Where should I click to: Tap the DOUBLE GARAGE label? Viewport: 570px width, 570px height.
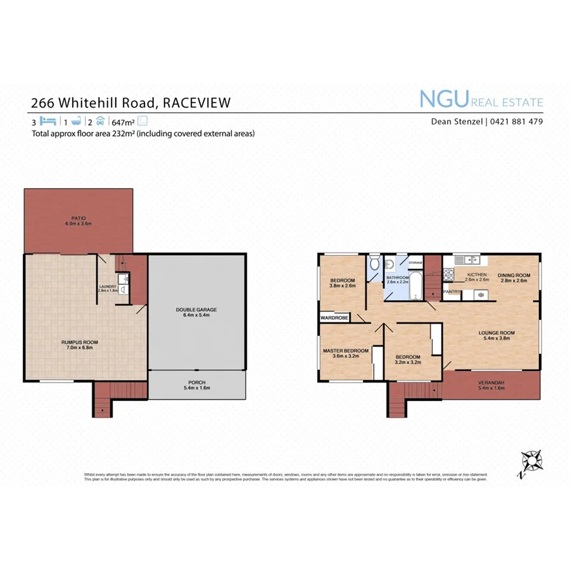tap(196, 310)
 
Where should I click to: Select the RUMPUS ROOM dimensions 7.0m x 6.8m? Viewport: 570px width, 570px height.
tap(80, 347)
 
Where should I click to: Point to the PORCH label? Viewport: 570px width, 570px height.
tap(196, 383)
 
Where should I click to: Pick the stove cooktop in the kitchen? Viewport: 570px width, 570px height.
tap(448, 275)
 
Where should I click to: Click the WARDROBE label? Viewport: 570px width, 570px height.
tap(334, 318)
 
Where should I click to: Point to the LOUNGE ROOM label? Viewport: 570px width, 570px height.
tap(497, 332)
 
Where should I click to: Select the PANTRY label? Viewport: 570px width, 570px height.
tap(452, 292)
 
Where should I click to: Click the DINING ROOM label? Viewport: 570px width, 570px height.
tap(513, 275)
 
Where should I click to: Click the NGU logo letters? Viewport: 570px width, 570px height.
tap(443, 99)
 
